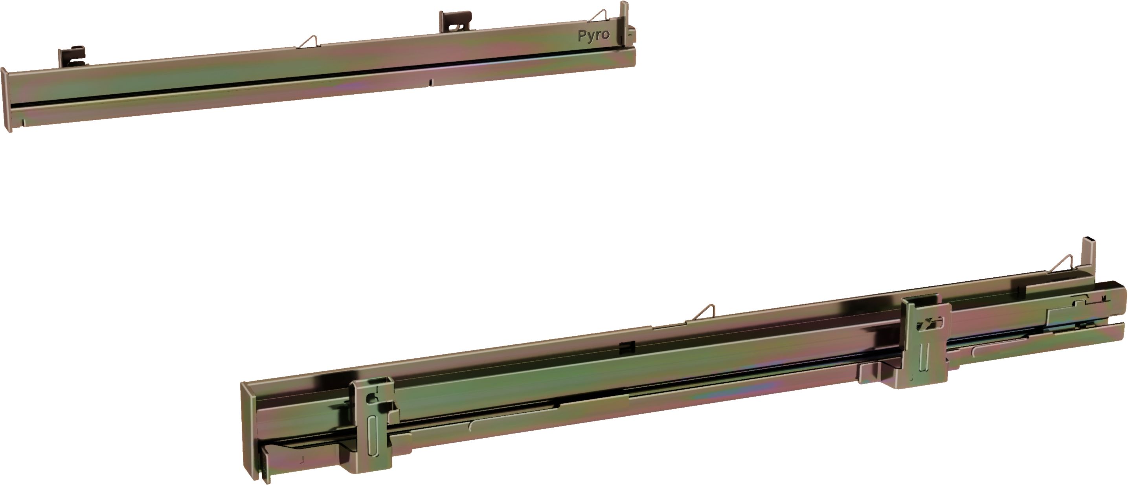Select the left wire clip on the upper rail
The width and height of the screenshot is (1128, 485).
coord(309,42)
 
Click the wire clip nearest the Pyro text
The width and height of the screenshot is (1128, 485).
coord(599,16)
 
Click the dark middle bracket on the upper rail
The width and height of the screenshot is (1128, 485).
coord(456,22)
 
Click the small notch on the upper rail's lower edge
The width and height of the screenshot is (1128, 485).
coord(430,82)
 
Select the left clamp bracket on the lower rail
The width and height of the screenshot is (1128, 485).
coord(372,425)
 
